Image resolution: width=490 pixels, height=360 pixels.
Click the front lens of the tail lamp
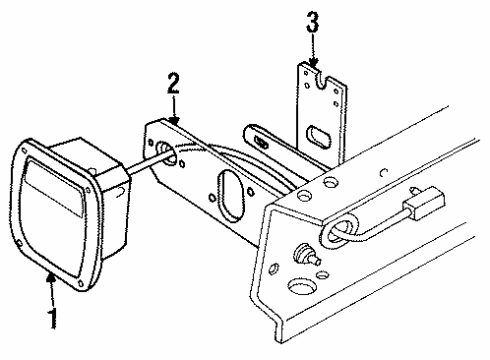(57, 206)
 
